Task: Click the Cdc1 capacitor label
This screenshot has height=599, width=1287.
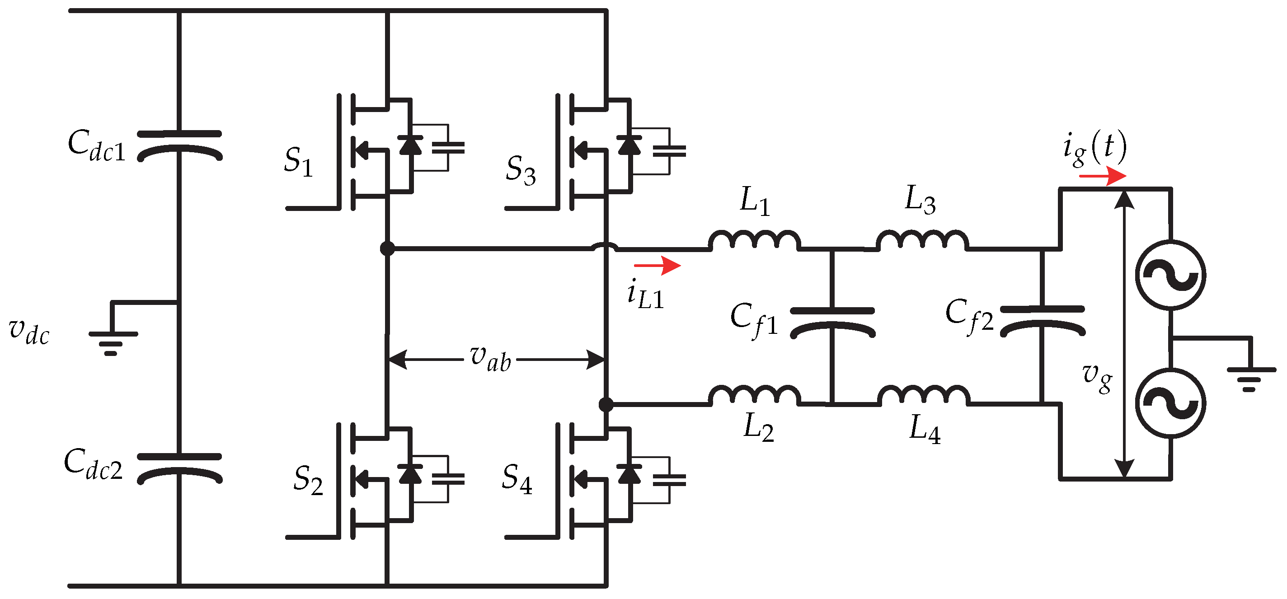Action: coord(96,146)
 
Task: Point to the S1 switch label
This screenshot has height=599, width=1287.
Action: coord(298,162)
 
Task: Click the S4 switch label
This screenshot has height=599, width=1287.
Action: coord(517,479)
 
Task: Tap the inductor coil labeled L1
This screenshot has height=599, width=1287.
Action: coord(754,240)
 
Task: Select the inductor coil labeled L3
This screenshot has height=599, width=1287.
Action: coord(922,240)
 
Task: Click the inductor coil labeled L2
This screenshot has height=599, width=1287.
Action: coord(754,395)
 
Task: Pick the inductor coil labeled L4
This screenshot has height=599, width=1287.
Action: coord(923,395)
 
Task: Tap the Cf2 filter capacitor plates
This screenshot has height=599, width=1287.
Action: coord(1042,320)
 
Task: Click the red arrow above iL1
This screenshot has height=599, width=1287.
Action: coord(658,266)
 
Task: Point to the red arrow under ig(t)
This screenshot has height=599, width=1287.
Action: coord(1103,176)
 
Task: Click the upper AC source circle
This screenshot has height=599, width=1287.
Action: coord(1170,275)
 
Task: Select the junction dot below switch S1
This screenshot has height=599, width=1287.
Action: coord(387,248)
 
